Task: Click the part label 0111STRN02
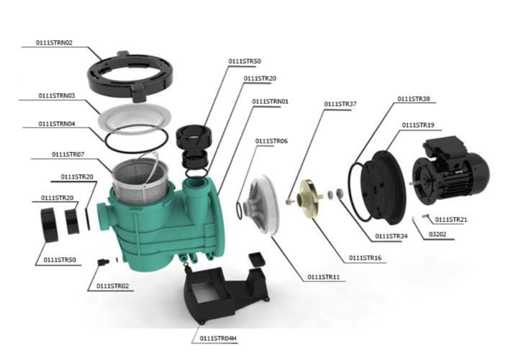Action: tap(54, 42)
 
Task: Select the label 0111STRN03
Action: tap(57, 96)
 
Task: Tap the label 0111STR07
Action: tap(68, 154)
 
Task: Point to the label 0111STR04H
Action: tap(218, 338)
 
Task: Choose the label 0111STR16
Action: tap(365, 258)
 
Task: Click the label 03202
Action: tap(437, 234)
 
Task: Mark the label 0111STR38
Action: tap(414, 99)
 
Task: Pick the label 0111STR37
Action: tap(340, 104)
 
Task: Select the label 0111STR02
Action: tap(112, 286)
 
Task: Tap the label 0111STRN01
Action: tap(271, 102)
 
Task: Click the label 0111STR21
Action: tap(451, 220)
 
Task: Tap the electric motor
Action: tap(450, 170)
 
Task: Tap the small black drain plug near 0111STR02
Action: tap(103, 262)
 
